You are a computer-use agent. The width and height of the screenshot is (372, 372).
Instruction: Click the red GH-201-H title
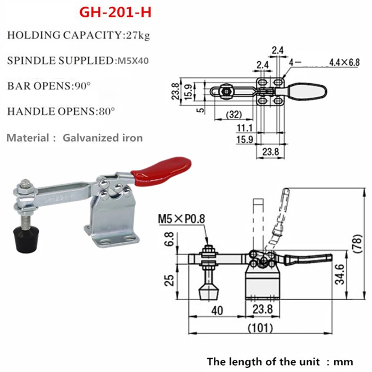[x=115, y=12]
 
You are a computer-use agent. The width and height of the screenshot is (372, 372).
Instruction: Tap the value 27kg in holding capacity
[x=138, y=35]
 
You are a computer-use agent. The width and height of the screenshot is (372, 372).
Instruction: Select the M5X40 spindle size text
[x=133, y=61]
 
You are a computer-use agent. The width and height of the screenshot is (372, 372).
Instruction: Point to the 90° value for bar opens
[x=83, y=85]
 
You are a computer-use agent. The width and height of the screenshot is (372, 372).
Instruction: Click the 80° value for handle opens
[x=106, y=111]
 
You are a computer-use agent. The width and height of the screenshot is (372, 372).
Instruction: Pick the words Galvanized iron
[x=103, y=138]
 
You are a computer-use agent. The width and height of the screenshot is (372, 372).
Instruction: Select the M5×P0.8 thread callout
[x=181, y=219]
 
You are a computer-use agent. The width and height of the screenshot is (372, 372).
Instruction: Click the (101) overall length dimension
[x=260, y=328]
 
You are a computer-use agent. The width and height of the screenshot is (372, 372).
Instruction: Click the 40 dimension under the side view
[x=217, y=310]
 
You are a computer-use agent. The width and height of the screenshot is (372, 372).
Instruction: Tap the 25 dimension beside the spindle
[x=169, y=281]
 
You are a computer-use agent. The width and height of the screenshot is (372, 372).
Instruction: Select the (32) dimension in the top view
[x=234, y=114]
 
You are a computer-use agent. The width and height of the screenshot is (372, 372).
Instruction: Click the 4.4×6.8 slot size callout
[x=344, y=62]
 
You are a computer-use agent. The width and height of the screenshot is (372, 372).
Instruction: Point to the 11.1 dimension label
[x=245, y=128]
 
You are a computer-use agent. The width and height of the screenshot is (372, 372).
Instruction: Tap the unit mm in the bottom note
[x=343, y=362]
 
